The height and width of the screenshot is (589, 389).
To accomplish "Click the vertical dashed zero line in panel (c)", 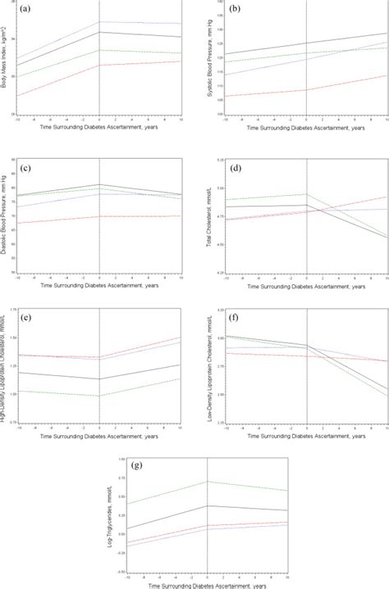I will (x=99, y=246).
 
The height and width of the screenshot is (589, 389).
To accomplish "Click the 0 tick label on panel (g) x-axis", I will (x=207, y=577).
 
